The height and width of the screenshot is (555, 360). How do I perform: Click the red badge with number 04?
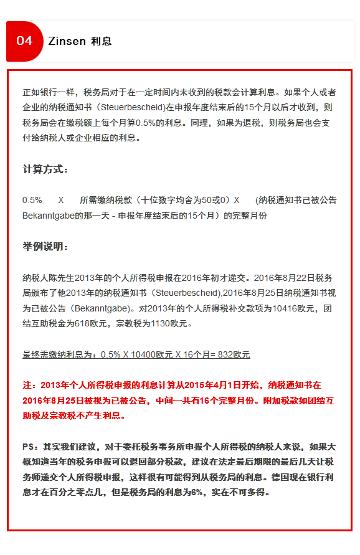[24, 41]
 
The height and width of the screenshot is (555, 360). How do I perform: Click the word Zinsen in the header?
[67, 41]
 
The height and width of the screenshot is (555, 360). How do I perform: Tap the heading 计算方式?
[45, 169]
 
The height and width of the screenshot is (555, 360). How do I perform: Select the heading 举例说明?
[45, 247]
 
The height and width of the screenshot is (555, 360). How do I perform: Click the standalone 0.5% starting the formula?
[32, 201]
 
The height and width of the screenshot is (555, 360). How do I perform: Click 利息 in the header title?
[102, 41]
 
